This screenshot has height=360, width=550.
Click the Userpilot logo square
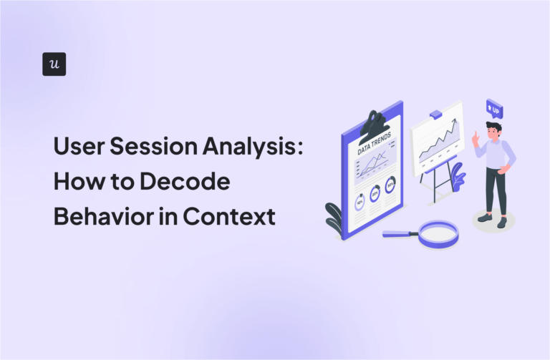coord(54,64)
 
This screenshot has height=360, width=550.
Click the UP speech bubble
coord(493,110)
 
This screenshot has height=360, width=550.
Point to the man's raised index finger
coord(474,133)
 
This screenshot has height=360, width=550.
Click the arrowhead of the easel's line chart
coord(455,124)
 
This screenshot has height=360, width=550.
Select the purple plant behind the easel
coord(455,175)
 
